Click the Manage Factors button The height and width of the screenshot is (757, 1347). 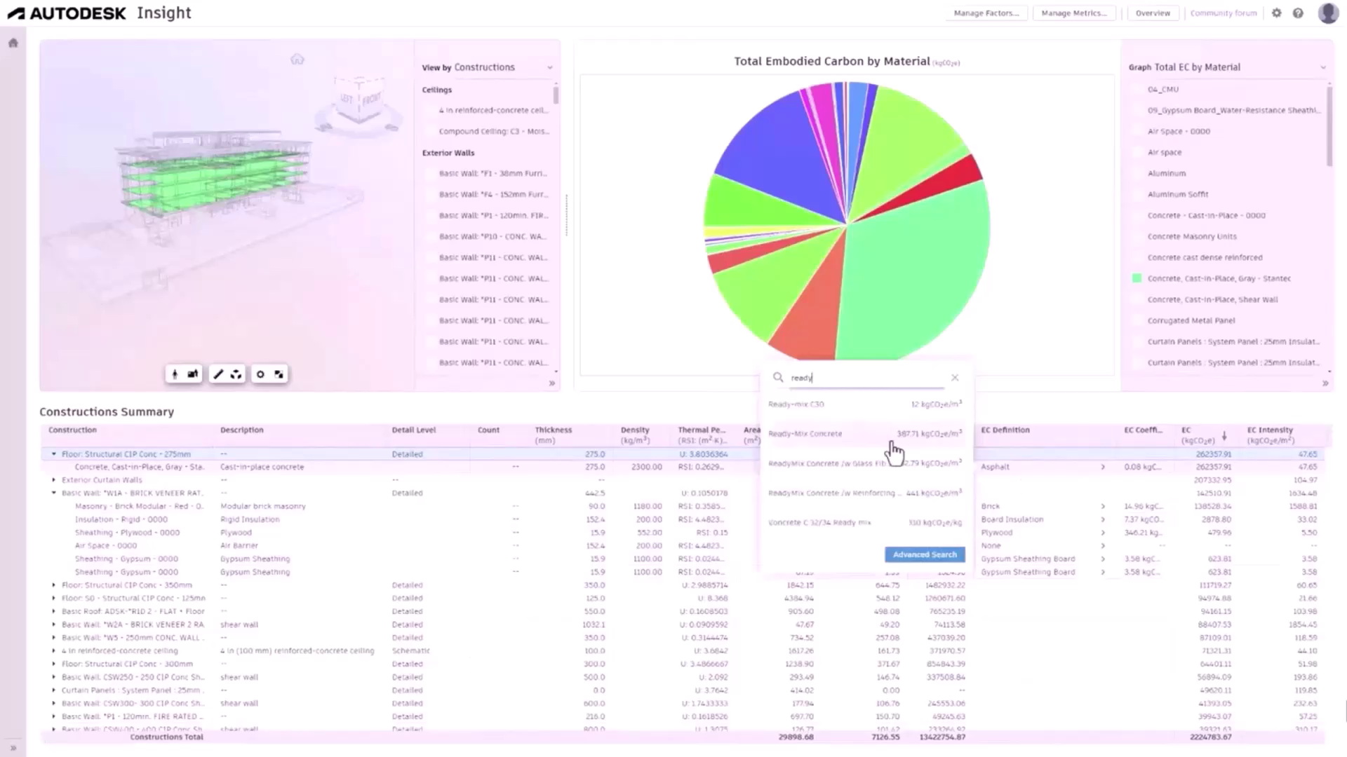click(986, 13)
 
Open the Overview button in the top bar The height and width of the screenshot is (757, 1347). click(1153, 13)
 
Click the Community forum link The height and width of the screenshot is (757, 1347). click(1223, 13)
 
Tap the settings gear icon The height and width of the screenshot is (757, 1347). click(1276, 13)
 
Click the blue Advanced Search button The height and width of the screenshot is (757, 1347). click(925, 554)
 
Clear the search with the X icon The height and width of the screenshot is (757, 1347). click(955, 378)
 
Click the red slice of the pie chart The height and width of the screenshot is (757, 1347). click(965, 172)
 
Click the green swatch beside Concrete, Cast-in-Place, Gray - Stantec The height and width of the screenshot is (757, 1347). click(1137, 278)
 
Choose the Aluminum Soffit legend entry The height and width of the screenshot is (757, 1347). click(1177, 194)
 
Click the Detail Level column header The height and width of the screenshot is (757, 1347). click(413, 430)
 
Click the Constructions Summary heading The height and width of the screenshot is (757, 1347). click(107, 412)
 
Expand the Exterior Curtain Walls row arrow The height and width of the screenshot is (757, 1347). click(54, 480)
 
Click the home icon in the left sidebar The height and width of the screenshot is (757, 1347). click(13, 43)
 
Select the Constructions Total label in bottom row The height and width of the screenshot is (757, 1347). click(166, 737)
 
